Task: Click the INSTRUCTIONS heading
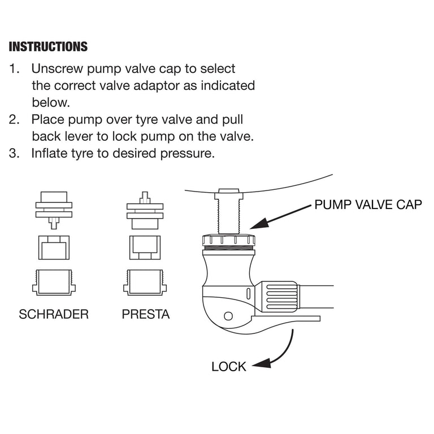click(x=48, y=46)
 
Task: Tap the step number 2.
click(x=14, y=120)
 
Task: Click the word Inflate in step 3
click(x=50, y=154)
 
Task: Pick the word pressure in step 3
click(x=190, y=154)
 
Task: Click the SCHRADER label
click(x=54, y=314)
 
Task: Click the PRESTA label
click(x=146, y=314)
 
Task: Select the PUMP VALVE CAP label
click(x=368, y=205)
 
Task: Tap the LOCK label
click(x=229, y=366)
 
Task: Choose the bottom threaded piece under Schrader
click(x=54, y=281)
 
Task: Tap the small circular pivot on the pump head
click(x=229, y=315)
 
